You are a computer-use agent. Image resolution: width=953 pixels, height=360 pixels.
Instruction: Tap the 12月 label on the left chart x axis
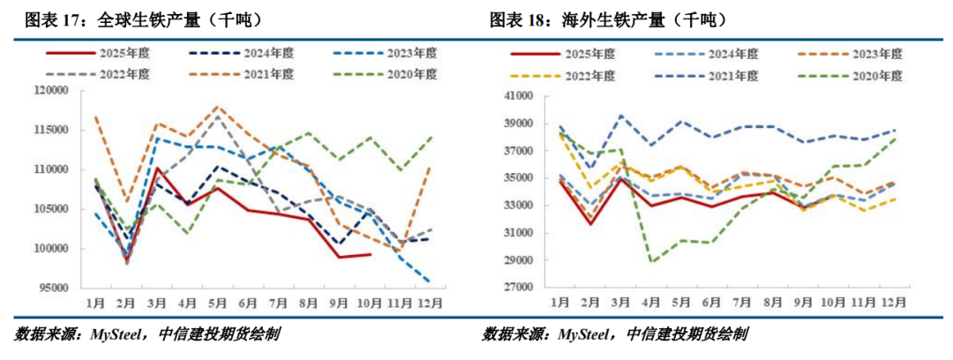pos(430,303)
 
